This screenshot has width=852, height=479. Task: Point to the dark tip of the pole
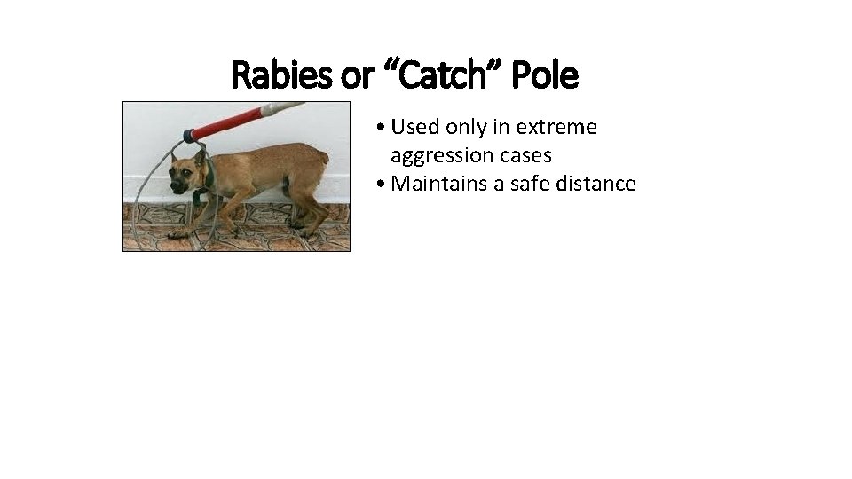[189, 136]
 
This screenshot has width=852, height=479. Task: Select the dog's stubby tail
[323, 159]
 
